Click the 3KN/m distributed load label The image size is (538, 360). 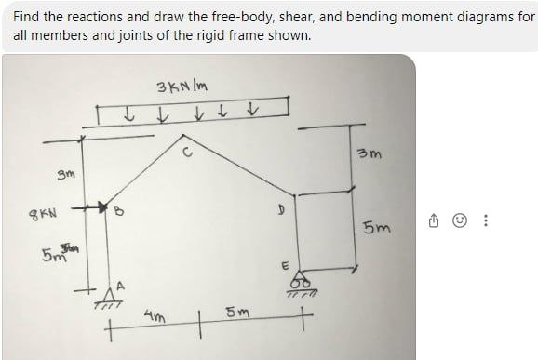(183, 89)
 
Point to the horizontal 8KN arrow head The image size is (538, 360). (98, 207)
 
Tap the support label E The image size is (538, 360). (276, 265)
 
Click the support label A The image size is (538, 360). (118, 285)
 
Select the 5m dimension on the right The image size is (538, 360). (380, 226)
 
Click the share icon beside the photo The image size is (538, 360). (436, 222)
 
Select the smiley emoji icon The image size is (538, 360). (458, 222)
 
